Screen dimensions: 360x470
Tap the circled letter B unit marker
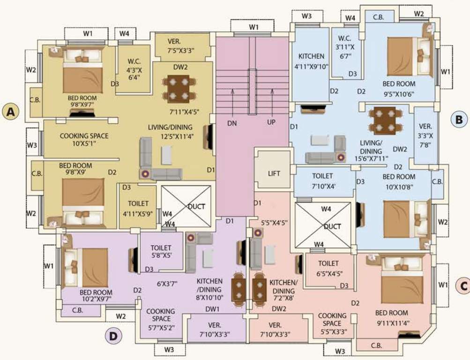(x=459, y=119)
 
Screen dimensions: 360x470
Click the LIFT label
(x=274, y=173)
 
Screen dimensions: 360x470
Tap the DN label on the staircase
(x=232, y=123)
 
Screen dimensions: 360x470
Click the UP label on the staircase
(x=270, y=123)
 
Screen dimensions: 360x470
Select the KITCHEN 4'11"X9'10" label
(x=311, y=61)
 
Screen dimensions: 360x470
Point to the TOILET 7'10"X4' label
(x=322, y=180)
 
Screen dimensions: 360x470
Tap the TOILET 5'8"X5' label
(x=161, y=252)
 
